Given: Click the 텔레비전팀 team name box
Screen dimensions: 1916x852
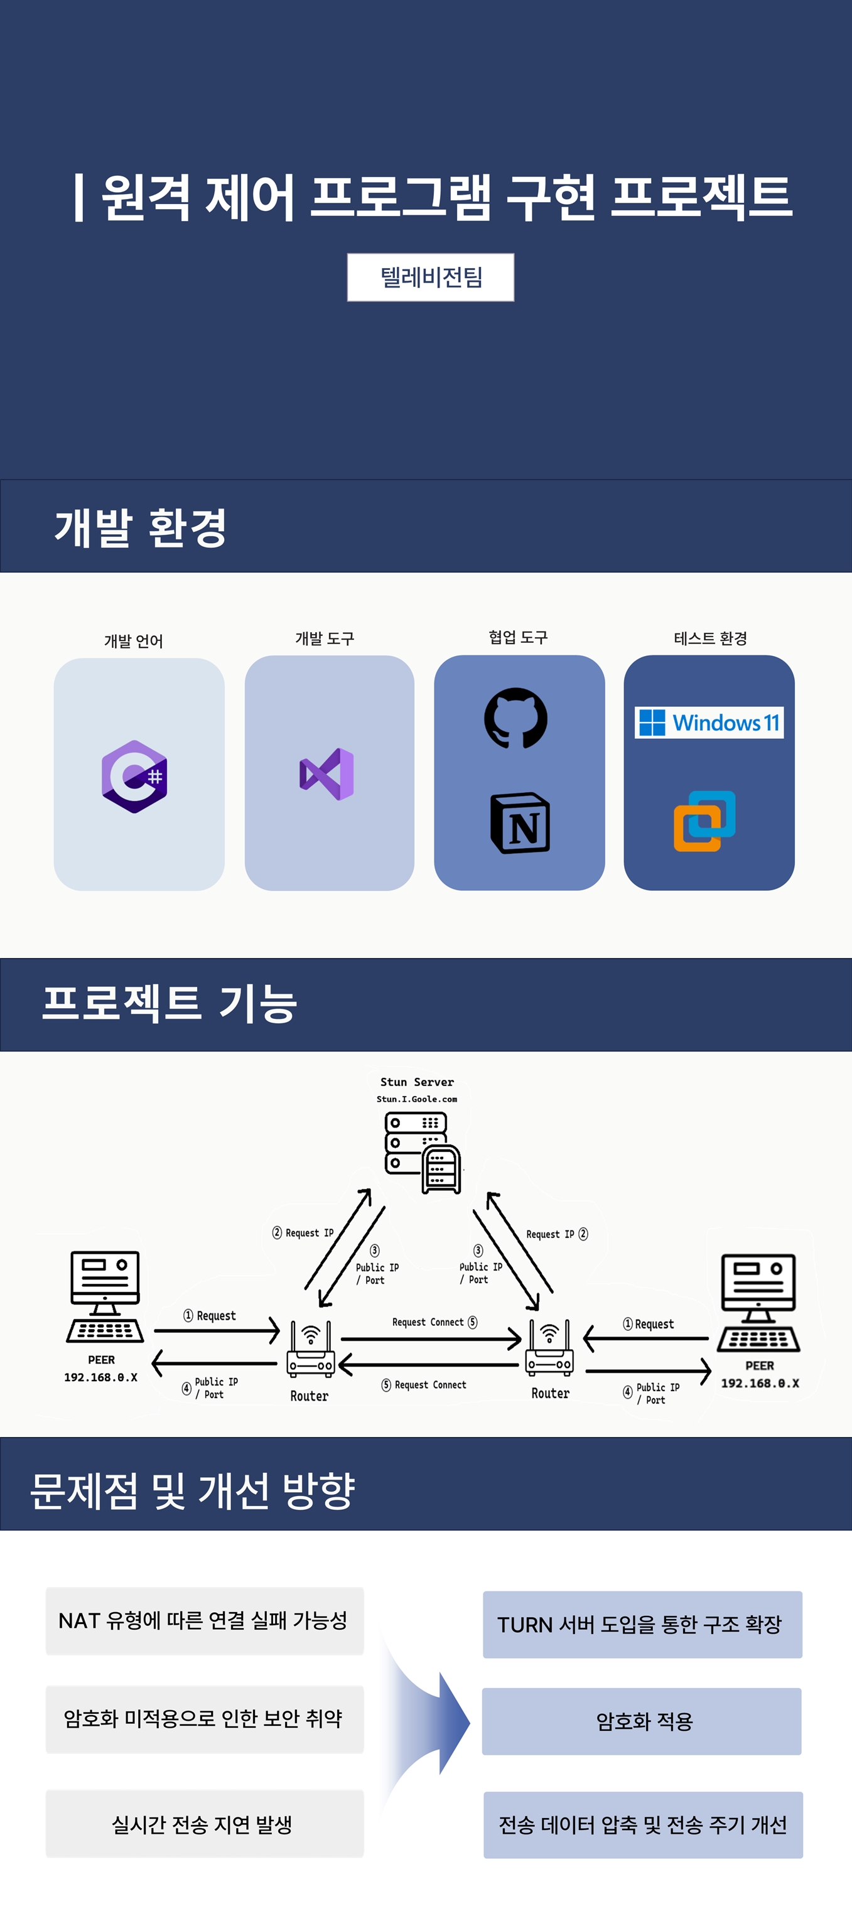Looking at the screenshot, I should click(x=430, y=277).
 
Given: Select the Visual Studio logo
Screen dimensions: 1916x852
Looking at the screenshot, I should click(x=326, y=774).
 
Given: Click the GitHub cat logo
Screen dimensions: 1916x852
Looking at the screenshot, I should click(x=515, y=718).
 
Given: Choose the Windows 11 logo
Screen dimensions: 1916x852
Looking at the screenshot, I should click(x=709, y=722).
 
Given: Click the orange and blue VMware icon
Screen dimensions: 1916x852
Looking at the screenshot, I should click(x=704, y=821).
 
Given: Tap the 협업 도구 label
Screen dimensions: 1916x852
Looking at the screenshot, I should click(x=518, y=637).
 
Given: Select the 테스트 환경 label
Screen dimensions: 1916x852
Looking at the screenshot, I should click(x=710, y=638).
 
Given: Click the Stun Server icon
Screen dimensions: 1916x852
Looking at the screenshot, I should click(x=422, y=1152).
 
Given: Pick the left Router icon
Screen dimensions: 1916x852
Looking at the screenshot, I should click(x=311, y=1349).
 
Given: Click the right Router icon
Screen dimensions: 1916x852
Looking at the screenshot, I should click(x=549, y=1348).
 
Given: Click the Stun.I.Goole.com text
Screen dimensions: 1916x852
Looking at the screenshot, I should click(x=417, y=1099).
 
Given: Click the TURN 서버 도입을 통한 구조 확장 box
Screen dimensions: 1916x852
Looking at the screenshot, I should click(x=642, y=1625).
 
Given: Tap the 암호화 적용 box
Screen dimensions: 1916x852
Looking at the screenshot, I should click(x=642, y=1721).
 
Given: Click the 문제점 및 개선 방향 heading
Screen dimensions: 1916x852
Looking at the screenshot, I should click(x=192, y=1490).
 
